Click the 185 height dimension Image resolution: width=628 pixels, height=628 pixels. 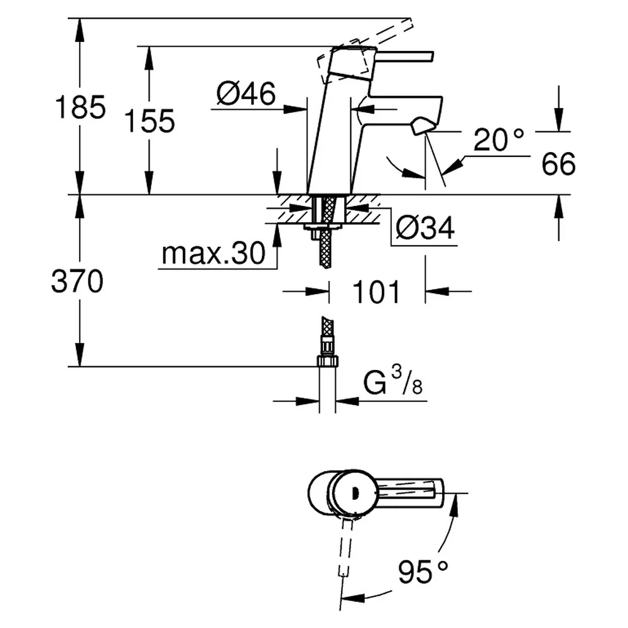[x=80, y=107]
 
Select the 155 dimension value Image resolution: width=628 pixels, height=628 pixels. [x=149, y=121]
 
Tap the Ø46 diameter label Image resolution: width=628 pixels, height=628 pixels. [x=246, y=94]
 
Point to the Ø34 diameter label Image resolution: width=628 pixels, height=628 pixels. [x=425, y=228]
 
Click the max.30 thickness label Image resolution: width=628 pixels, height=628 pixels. [x=214, y=254]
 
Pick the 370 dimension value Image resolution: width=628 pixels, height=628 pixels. [x=77, y=281]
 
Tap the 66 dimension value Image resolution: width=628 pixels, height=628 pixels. [x=558, y=163]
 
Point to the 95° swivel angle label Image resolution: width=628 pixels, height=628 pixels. [x=423, y=571]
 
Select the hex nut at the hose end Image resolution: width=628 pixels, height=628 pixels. [x=328, y=361]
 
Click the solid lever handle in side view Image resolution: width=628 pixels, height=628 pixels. [x=404, y=57]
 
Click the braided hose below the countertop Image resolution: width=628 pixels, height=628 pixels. [x=327, y=232]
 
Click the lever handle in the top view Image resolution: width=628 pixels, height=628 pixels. [x=409, y=493]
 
